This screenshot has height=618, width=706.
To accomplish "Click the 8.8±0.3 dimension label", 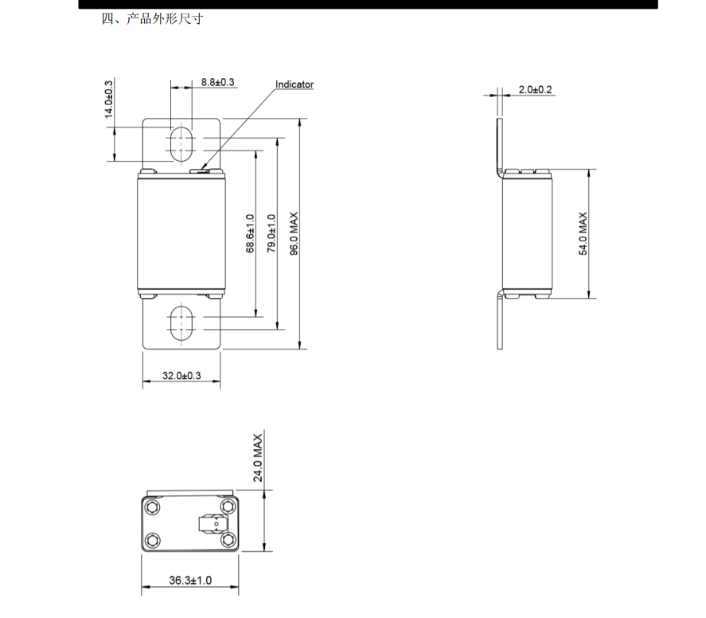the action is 217,82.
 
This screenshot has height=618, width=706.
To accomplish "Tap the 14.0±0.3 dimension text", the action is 109,100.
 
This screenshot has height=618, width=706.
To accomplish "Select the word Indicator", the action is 294,84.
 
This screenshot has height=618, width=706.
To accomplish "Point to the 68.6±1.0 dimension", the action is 251,233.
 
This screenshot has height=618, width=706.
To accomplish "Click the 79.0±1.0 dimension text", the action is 271,233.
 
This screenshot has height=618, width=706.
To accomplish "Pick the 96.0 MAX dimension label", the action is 294,234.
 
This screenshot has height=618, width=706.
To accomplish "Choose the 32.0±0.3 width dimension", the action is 181,375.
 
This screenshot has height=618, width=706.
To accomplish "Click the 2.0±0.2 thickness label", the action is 535,89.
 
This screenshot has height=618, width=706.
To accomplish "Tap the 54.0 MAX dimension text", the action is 583,233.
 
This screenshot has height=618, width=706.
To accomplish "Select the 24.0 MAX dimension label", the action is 258,458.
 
